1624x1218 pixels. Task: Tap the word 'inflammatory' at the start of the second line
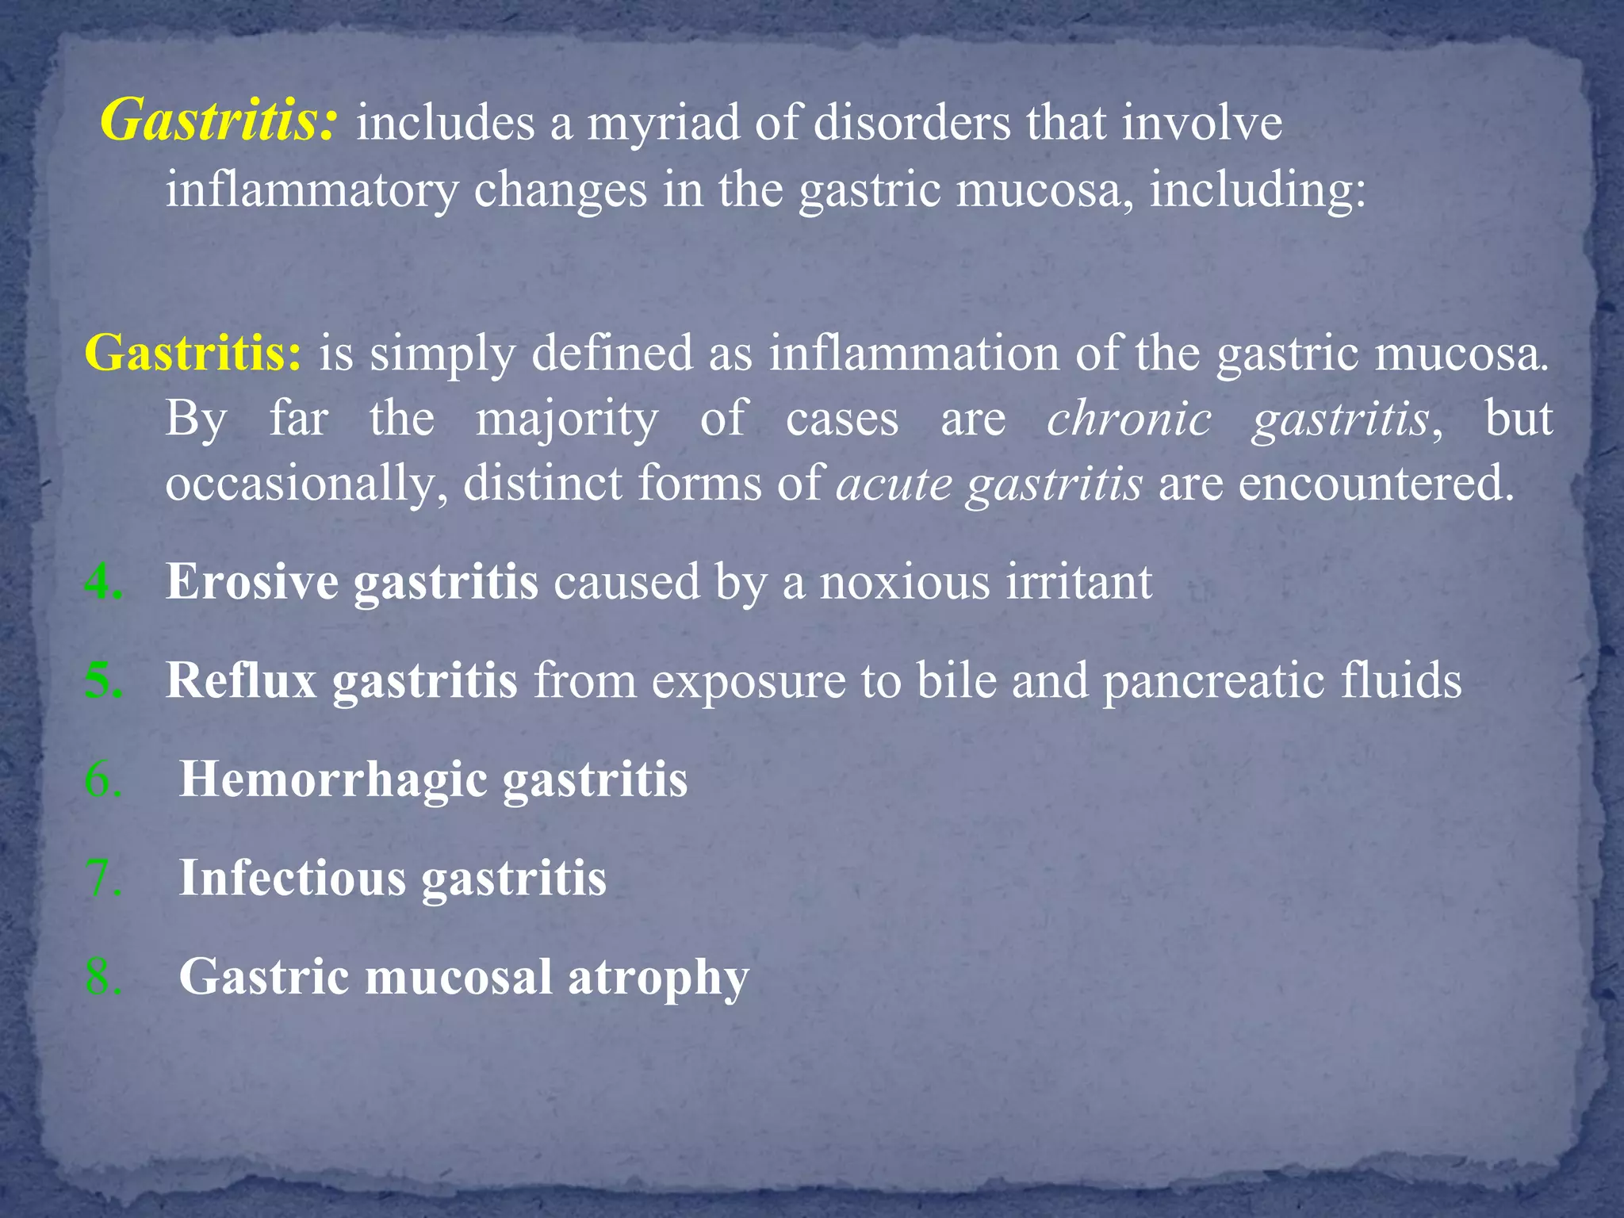tap(312, 190)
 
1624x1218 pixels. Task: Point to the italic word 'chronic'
tap(1128, 419)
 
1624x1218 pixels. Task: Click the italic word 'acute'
tap(894, 484)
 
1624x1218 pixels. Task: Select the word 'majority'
tap(566, 420)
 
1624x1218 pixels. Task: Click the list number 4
tap(103, 582)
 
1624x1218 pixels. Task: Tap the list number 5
tap(103, 680)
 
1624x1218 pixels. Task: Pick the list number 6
tap(103, 779)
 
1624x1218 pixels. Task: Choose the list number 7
tap(103, 878)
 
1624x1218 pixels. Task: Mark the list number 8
tap(103, 976)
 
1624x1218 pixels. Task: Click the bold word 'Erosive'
tap(251, 582)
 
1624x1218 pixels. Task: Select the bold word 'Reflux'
tap(241, 680)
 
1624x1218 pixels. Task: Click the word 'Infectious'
tap(293, 878)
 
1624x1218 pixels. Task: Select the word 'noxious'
tap(905, 582)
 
